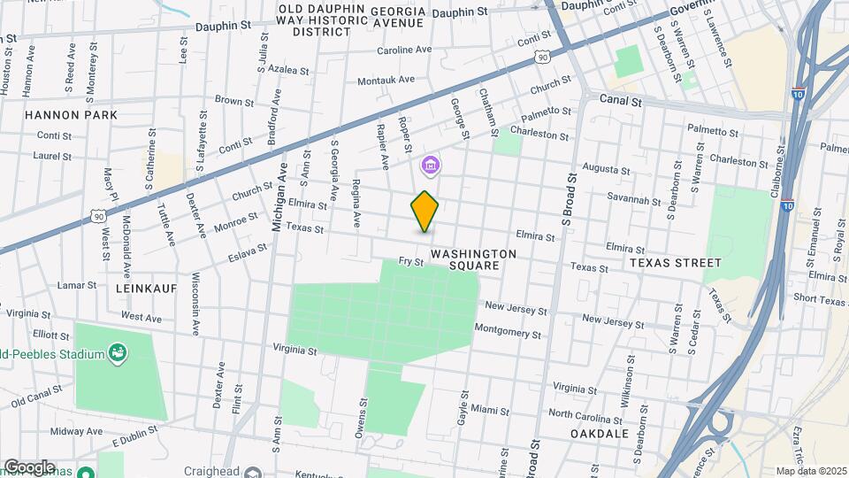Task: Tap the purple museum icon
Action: tap(431, 165)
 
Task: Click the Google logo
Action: tap(29, 466)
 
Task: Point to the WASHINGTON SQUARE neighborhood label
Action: tap(473, 259)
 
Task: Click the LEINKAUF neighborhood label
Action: tap(146, 289)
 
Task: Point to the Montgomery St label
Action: tap(507, 332)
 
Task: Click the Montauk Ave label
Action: tap(386, 81)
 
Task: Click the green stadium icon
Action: tap(117, 355)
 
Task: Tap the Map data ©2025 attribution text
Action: tap(811, 471)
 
